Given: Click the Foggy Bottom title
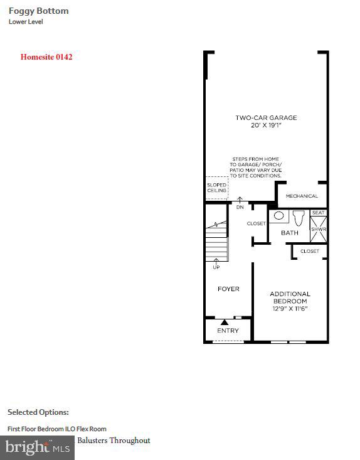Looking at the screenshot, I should click(38, 11).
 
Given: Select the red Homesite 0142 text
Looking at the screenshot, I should click(46, 57).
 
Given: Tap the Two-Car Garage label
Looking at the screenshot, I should click(266, 117).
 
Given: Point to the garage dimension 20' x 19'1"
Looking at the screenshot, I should click(266, 125).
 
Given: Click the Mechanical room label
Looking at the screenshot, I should click(302, 196).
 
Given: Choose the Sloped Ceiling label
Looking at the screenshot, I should click(216, 188).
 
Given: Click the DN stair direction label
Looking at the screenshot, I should click(240, 206).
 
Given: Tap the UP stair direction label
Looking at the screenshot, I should click(216, 267).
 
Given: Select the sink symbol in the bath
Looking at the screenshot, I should click(279, 216).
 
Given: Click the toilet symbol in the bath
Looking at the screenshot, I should click(298, 218).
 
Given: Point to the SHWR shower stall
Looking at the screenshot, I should click(319, 229).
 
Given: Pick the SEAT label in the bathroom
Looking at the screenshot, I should click(318, 213).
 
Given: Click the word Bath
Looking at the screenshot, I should click(290, 233).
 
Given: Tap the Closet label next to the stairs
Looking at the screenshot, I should click(256, 223).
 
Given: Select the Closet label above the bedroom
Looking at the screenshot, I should click(310, 251).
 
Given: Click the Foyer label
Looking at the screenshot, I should click(228, 289).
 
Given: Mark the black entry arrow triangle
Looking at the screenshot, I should click(224, 322).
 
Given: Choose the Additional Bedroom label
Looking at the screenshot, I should click(290, 297).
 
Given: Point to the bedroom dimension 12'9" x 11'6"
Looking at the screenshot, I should click(290, 308).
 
